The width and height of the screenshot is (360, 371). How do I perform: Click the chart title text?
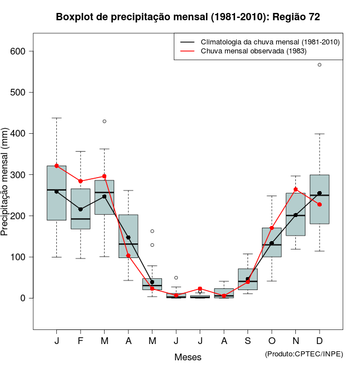[x=188, y=17]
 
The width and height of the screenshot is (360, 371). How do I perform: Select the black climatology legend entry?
[x=259, y=42]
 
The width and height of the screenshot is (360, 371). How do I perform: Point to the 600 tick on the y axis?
[x=21, y=51]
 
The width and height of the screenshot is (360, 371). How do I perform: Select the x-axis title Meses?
[x=188, y=357]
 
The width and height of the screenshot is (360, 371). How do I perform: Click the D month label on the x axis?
[x=319, y=341]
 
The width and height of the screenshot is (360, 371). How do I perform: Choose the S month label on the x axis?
[x=247, y=341]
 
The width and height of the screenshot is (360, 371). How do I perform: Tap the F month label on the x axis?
[x=80, y=341]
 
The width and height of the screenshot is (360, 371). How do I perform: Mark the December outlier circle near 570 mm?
[x=319, y=65]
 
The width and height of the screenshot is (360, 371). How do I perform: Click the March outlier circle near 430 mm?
[x=105, y=121]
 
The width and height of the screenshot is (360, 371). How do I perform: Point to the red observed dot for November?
[x=296, y=189]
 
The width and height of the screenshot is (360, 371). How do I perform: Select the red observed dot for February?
[x=80, y=181]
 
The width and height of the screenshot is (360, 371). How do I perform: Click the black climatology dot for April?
[x=128, y=237]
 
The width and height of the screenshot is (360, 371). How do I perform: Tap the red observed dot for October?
[x=272, y=228]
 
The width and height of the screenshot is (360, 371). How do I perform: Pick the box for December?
[x=319, y=208]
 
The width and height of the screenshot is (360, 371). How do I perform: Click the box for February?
[x=80, y=214]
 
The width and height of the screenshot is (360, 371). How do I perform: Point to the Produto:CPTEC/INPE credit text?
[x=304, y=354]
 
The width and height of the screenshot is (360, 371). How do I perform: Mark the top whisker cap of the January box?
[x=57, y=118]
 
